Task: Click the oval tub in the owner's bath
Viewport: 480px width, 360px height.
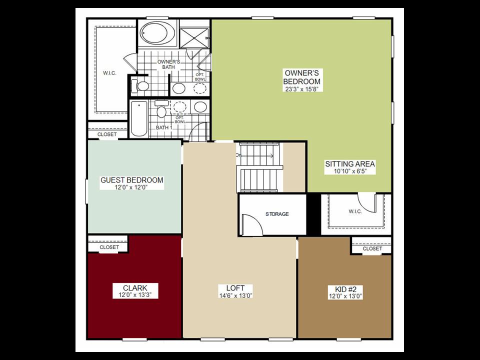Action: [x=157, y=33]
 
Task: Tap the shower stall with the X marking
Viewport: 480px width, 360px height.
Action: [x=194, y=38]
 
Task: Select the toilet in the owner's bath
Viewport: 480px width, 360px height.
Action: [x=139, y=86]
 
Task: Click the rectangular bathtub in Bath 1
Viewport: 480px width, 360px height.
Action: [x=138, y=118]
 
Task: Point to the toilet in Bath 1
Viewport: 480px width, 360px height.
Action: [x=161, y=108]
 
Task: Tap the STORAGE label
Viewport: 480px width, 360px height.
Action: [x=277, y=214]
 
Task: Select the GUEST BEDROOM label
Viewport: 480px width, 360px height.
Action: [x=132, y=180]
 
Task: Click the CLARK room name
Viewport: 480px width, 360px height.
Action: [x=135, y=288]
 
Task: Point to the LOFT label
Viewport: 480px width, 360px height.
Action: [x=235, y=288]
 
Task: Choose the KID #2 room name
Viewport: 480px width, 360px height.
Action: [x=345, y=289]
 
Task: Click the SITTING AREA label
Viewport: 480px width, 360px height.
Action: [x=350, y=164]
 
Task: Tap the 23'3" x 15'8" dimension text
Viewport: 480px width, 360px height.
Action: [x=302, y=89]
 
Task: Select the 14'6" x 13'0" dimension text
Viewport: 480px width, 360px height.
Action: [x=235, y=295]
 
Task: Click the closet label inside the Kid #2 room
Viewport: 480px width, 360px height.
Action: [x=372, y=248]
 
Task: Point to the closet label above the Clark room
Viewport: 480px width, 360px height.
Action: [x=109, y=247]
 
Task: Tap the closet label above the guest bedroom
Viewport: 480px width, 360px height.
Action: [x=107, y=134]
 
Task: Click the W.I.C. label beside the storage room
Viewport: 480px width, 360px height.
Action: [x=355, y=211]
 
